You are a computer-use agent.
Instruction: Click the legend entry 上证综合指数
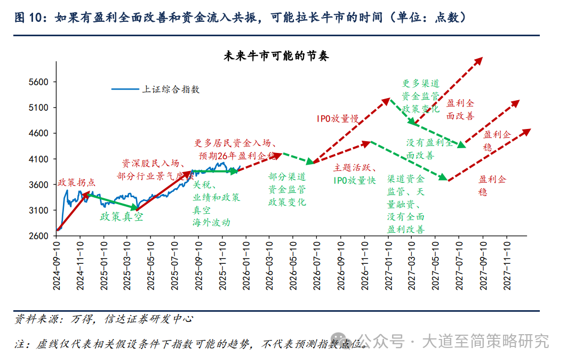point(170,90)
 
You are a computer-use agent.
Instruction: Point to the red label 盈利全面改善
point(460,109)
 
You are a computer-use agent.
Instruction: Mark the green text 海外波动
point(211,222)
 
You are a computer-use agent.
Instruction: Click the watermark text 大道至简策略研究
point(485,341)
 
